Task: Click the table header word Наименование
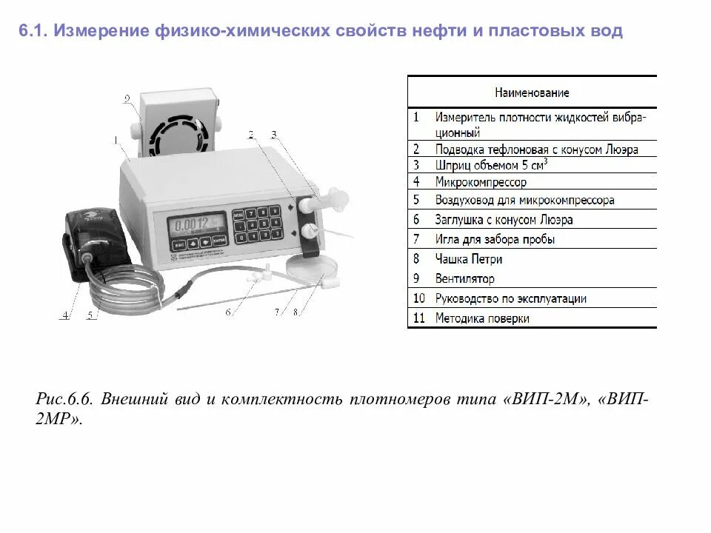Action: point(532,93)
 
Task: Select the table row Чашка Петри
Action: point(468,259)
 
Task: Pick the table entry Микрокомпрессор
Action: point(481,181)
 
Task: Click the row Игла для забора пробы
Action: point(495,239)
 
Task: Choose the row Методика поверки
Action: point(482,318)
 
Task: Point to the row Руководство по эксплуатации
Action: point(511,298)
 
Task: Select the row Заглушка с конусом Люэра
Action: point(504,220)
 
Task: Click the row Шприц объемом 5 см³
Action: point(492,165)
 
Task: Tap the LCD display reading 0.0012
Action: point(196,223)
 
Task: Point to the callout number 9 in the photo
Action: point(127,98)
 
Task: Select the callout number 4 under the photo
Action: point(64,315)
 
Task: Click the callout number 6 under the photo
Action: point(229,312)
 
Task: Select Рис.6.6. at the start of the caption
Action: point(64,399)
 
